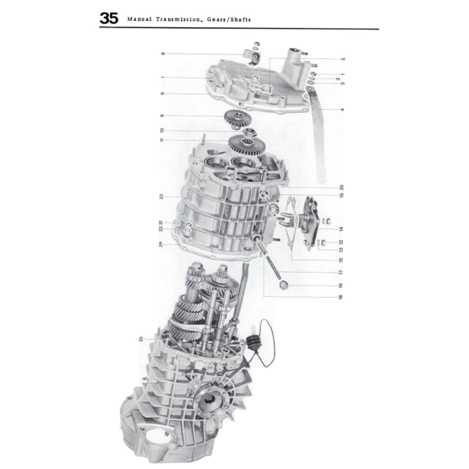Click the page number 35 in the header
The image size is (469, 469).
109,20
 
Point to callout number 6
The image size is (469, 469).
163,54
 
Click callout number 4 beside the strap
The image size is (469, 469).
343,109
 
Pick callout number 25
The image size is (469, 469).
142,339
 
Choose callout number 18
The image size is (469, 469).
340,297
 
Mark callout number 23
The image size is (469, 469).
162,196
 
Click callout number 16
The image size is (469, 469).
340,285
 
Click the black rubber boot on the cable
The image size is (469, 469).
252,342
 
